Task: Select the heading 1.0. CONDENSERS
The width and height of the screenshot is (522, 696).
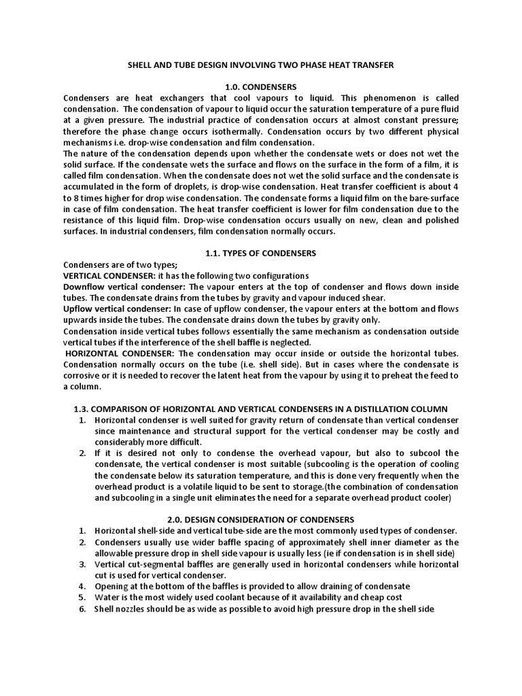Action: pos(260,87)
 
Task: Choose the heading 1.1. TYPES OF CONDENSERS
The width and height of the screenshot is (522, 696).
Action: pos(260,253)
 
